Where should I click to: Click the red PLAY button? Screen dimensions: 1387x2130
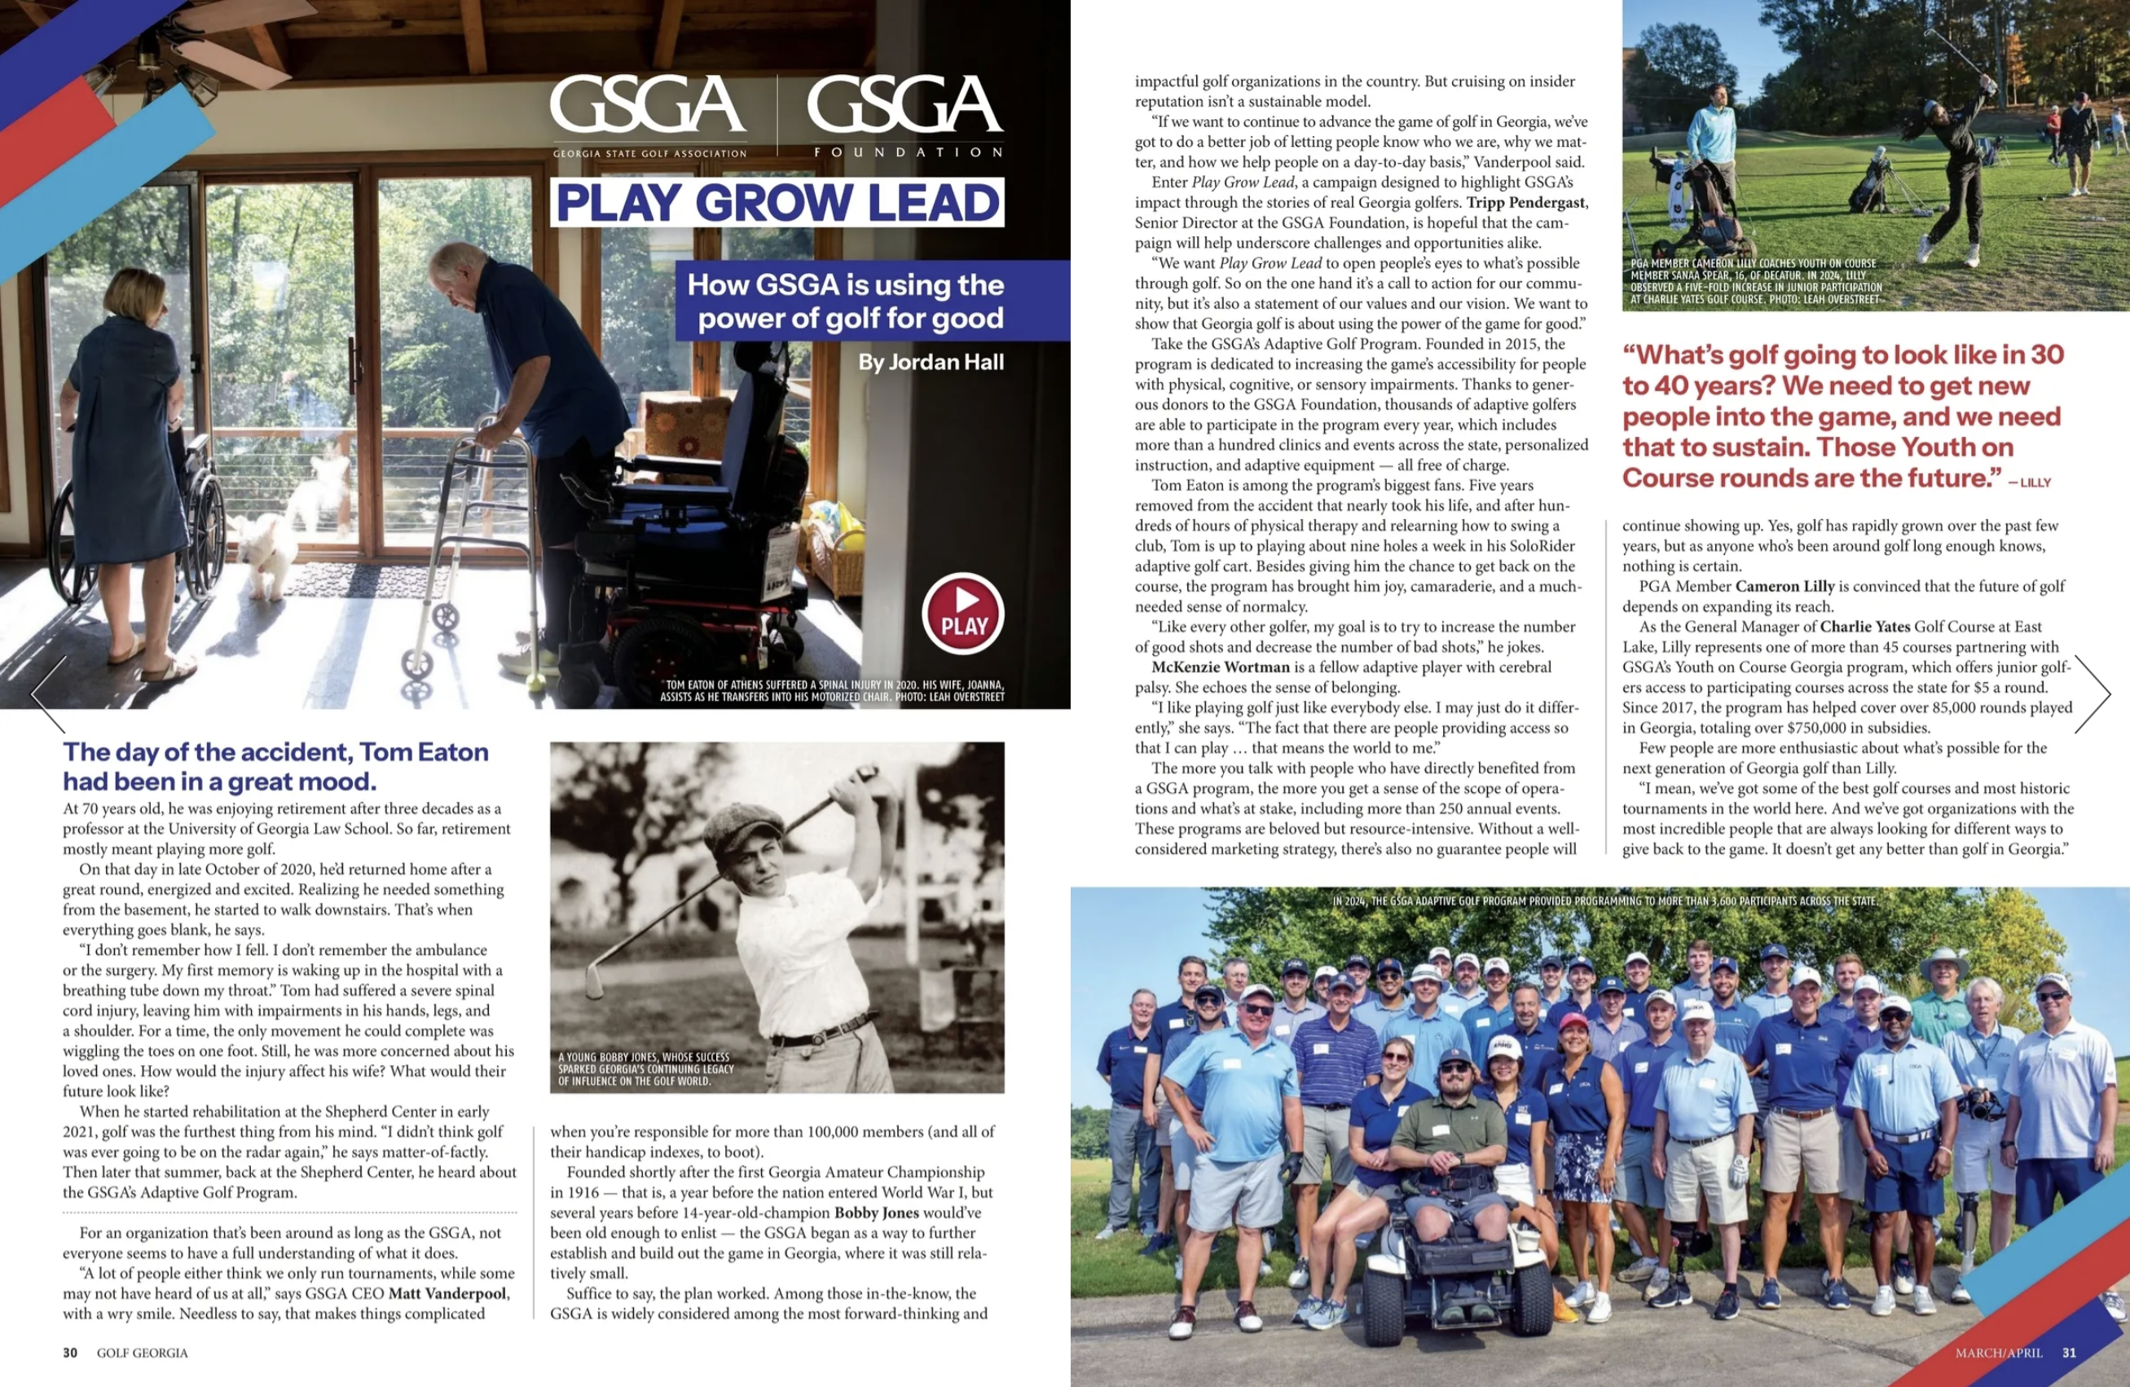963,613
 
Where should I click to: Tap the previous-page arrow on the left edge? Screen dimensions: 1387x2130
48,693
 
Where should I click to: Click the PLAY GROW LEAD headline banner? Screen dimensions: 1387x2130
777,202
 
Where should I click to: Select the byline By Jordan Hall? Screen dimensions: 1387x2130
931,363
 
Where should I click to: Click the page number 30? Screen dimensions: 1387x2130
70,1353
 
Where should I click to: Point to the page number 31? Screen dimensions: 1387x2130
2069,1353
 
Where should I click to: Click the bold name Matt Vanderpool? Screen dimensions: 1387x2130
448,1294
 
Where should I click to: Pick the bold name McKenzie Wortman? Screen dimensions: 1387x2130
1221,667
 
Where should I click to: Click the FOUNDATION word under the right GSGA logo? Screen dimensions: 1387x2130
908,152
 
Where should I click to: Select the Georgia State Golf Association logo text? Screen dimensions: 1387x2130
649,153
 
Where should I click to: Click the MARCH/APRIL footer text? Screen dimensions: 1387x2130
1999,1353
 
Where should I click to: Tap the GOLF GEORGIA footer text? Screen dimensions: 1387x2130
143,1353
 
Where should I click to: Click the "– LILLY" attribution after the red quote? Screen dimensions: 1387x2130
2029,482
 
